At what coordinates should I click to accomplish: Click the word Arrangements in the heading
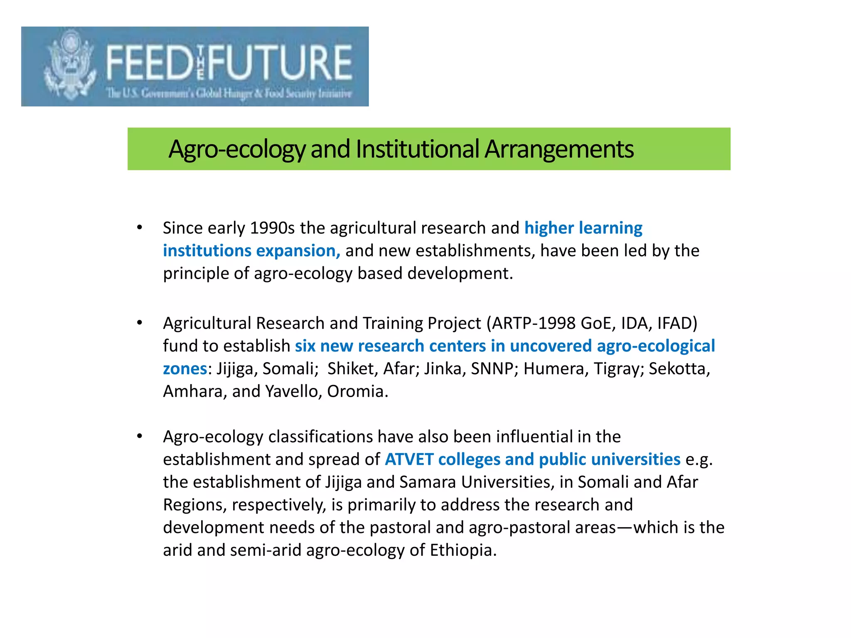click(x=559, y=149)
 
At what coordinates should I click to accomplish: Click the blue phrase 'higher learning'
click(x=583, y=228)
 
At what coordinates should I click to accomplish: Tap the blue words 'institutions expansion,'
click(x=251, y=251)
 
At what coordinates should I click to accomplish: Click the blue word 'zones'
click(x=184, y=369)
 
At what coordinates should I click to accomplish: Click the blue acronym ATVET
click(x=409, y=459)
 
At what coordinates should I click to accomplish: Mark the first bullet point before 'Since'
click(x=140, y=228)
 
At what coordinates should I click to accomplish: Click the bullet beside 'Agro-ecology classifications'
click(x=140, y=437)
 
